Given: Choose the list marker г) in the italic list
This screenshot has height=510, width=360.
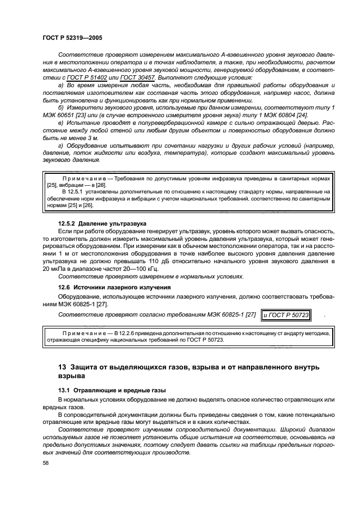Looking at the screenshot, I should point(60,146).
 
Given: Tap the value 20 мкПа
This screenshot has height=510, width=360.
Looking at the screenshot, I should point(54,269).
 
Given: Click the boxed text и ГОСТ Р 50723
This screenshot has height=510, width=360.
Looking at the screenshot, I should point(285,314).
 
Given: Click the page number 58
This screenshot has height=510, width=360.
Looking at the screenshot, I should point(46,463).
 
